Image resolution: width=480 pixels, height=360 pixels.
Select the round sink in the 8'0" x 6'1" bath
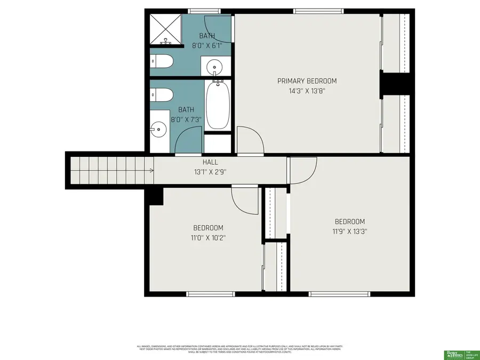click(x=216, y=68)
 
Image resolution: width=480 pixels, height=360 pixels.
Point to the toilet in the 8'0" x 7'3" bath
click(x=161, y=95)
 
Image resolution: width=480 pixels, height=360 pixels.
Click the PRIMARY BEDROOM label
click(x=307, y=81)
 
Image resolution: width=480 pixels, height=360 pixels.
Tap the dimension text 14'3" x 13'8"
click(x=307, y=91)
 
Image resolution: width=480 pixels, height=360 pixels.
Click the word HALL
click(x=210, y=162)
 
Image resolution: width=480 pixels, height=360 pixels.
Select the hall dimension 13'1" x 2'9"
click(x=210, y=172)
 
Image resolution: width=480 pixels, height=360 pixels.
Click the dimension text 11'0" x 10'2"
click(x=208, y=237)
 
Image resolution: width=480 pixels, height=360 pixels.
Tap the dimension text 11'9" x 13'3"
click(x=349, y=231)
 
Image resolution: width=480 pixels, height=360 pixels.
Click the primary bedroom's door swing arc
click(x=250, y=140)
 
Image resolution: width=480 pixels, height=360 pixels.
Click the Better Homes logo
click(x=454, y=354)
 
